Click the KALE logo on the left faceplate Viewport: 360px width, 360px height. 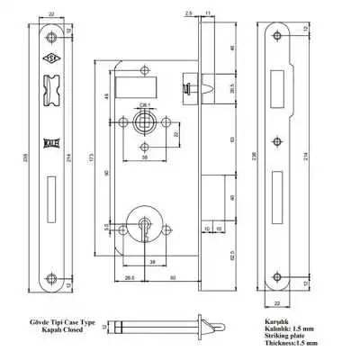[50, 141]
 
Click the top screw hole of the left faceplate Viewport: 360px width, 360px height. [50, 37]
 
